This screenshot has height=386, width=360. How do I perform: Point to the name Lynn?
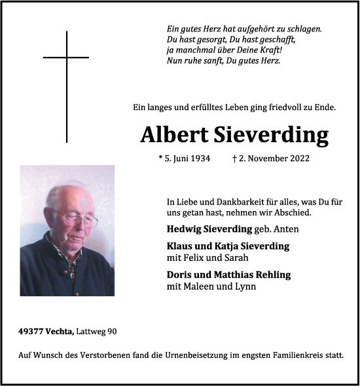pos(245,286)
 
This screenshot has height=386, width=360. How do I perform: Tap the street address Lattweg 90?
pos(99,332)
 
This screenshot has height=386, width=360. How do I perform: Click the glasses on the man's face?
pos(77,218)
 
